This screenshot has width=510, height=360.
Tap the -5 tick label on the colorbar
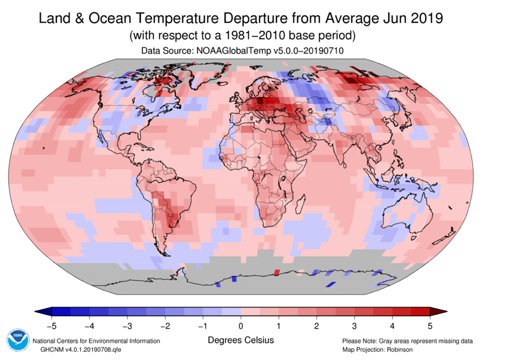51,325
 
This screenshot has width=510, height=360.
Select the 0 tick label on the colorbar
241,325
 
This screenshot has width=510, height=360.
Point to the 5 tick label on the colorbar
430,325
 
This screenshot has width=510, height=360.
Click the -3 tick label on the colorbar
127,325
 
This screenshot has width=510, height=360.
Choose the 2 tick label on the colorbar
316,325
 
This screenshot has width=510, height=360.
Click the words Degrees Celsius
241,340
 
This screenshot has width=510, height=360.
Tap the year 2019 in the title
426,18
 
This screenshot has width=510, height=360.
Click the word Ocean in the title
110,18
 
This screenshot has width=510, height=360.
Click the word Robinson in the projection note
400,350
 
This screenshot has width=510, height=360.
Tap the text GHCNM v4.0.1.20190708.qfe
81,350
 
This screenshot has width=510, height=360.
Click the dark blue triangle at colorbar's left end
43,311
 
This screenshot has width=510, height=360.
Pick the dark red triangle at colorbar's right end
439,311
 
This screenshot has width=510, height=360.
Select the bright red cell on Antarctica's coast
277,272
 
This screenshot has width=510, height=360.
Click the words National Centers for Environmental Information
96,341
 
